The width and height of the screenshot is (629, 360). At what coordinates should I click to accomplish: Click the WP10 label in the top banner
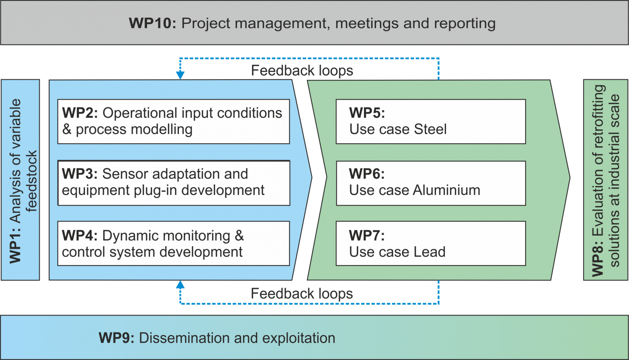pos(152,23)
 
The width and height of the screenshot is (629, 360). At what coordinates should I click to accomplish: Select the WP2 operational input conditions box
pos(173,121)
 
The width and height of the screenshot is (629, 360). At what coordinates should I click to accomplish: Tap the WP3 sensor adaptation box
pos(173,183)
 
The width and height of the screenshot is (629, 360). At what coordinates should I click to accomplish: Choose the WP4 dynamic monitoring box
pos(173,243)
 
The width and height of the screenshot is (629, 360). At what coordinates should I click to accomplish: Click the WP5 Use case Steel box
pos(430,121)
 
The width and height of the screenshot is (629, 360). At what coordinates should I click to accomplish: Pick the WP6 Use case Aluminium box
pos(430,183)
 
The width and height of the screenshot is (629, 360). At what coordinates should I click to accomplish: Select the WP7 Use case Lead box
pos(430,243)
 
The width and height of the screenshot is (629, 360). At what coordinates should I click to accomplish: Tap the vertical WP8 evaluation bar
pos(605,180)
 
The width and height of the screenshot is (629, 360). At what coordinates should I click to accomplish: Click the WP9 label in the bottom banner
pos(116,338)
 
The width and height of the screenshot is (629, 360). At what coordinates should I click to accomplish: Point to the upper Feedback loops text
pos(302,71)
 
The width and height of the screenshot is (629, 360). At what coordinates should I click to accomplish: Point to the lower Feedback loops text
pos(302,294)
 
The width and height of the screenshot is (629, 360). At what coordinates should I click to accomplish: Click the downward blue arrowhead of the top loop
pos(180,75)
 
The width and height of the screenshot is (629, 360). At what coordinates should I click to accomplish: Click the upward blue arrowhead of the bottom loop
pos(180,285)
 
